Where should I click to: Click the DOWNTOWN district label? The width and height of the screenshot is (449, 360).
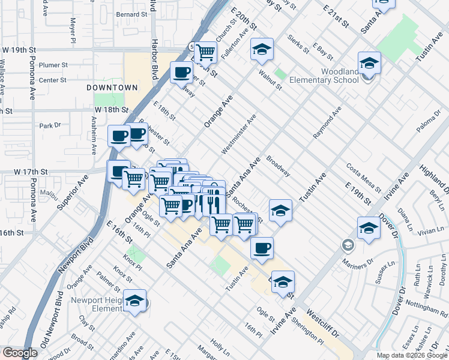(112, 88)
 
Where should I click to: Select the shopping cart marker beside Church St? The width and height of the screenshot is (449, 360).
(205, 52)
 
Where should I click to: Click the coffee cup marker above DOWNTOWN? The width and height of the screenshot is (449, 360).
(181, 73)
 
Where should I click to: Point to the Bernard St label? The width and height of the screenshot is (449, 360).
(131, 14)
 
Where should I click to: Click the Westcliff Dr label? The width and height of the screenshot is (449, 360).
(323, 322)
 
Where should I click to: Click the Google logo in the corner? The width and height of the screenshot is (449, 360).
(20, 353)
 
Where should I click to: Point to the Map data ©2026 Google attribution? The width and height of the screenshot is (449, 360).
(412, 355)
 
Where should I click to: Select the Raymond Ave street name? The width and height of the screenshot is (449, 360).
(327, 123)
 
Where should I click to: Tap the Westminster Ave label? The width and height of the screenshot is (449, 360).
(239, 134)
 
